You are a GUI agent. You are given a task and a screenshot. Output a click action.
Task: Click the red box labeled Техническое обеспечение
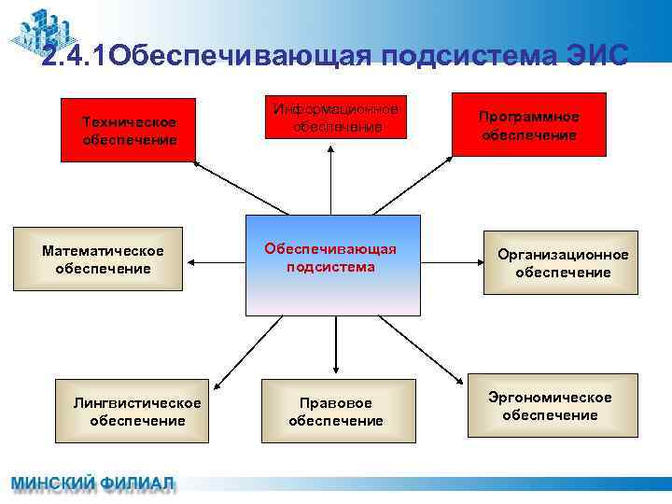[x=129, y=129]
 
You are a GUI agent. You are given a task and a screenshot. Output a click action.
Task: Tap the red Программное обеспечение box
[x=528, y=124]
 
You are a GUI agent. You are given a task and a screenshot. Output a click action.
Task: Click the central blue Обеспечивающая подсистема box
[x=332, y=265]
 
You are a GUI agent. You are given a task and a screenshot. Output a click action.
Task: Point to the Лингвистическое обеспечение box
[x=137, y=411]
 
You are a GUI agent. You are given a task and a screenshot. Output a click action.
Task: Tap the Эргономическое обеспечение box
[x=553, y=405]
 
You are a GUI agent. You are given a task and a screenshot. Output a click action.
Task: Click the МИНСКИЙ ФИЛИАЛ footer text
[x=91, y=484]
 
